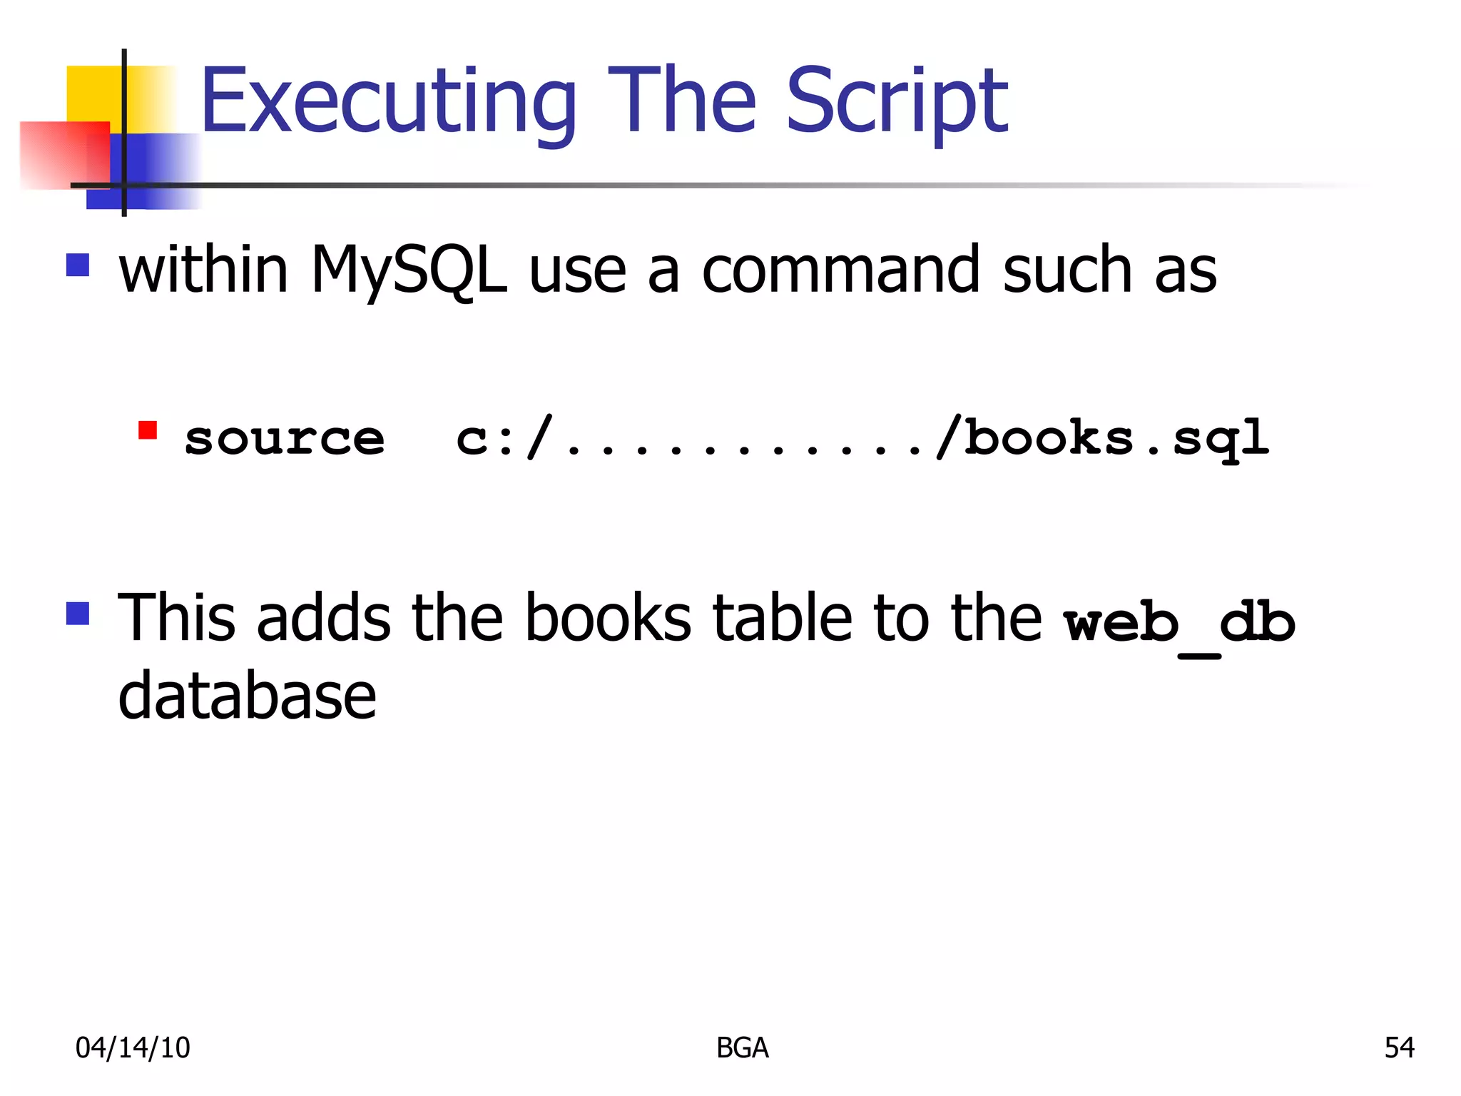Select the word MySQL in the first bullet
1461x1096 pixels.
[408, 270]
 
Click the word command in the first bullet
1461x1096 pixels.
[841, 270]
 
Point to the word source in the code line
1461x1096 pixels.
[285, 438]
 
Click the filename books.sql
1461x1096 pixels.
[1116, 438]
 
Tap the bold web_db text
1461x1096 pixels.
[1179, 622]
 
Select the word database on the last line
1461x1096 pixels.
[247, 696]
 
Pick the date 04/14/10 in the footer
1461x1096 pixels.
[133, 1047]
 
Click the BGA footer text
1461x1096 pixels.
[742, 1047]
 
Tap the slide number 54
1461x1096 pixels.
[1399, 1047]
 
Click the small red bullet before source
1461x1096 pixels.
[148, 430]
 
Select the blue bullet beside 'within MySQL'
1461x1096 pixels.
[78, 265]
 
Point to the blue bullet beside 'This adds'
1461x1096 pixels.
[78, 614]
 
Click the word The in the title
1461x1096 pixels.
[681, 101]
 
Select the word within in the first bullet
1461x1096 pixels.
[203, 270]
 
